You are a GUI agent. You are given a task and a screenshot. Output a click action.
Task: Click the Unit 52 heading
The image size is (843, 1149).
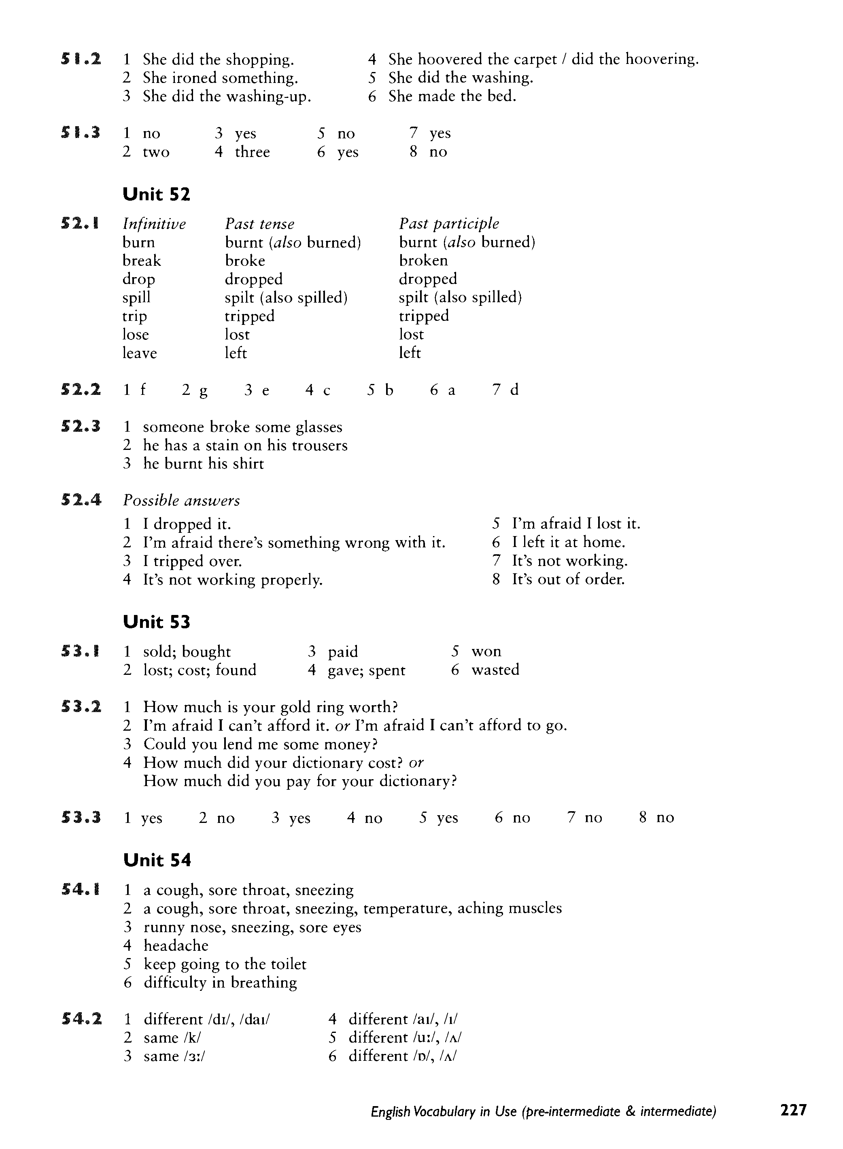[x=156, y=194]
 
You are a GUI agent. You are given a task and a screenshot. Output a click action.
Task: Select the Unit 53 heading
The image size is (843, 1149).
[x=156, y=622]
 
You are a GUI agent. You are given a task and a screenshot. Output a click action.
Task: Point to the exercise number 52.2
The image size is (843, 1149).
[x=81, y=390]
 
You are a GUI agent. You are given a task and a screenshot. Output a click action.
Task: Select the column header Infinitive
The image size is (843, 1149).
[x=154, y=224]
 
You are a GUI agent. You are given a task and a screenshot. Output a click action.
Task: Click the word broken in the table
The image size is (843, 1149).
[x=423, y=261]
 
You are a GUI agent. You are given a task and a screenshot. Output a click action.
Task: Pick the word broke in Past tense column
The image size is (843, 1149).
[x=245, y=261]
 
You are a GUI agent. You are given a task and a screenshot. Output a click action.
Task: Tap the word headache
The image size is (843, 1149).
[x=176, y=945]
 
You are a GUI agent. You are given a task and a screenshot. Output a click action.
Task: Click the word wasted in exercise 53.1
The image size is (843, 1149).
[x=495, y=670]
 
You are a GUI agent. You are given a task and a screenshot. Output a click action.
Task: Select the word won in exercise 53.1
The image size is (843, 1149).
[x=486, y=651]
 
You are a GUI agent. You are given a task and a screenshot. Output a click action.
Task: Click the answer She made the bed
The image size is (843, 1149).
[x=452, y=96]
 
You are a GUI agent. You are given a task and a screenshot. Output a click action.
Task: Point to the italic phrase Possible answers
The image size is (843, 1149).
[x=181, y=500]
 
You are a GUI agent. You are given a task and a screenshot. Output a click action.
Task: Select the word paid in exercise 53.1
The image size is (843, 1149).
[x=343, y=652]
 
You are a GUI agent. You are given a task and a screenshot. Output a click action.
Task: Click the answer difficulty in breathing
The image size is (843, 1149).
[x=220, y=982]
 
